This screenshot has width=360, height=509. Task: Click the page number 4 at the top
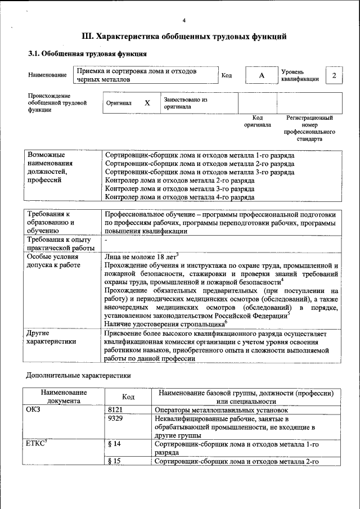point(184,21)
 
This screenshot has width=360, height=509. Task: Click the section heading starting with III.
point(184,37)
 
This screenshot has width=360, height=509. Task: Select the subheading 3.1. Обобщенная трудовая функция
point(87,54)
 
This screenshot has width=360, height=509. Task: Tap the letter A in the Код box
point(261,76)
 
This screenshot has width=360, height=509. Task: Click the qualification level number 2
point(335,76)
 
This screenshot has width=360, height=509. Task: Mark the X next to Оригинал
point(147,103)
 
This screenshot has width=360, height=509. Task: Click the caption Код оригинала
point(257,121)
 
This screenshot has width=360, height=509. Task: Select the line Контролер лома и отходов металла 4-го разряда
point(180,197)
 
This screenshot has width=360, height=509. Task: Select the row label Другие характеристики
point(51,337)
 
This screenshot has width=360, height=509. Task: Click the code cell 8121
point(115,411)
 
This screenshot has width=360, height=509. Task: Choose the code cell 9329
point(115,419)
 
